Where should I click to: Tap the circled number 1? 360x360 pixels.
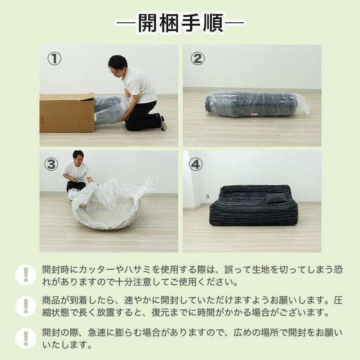click(54, 59)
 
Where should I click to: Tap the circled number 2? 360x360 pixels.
click(197, 59)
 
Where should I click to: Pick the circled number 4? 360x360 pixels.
click(195, 165)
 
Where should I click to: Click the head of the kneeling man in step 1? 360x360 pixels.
click(117, 64)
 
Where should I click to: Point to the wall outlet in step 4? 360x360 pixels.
click(207, 196)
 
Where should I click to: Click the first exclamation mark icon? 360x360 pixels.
click(26, 275)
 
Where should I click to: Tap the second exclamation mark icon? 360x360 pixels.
click(26, 306)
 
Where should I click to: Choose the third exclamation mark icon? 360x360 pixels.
click(26, 338)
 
